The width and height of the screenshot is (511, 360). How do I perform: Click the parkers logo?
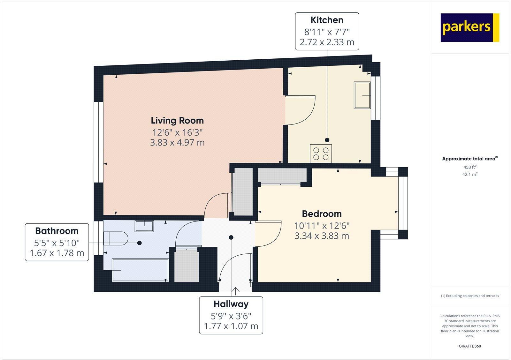coord(469,27)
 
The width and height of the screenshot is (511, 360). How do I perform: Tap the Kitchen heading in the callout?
coord(327,20)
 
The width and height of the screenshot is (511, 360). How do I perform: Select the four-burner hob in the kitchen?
coord(321,154)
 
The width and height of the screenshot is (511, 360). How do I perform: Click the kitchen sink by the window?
coord(362,95)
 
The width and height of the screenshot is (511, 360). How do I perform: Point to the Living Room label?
coord(177,121)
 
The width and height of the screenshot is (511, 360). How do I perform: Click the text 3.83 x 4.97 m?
coord(177,142)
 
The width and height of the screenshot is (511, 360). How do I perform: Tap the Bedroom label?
coord(322,214)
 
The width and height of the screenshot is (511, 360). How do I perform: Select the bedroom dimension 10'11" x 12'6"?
coord(322,226)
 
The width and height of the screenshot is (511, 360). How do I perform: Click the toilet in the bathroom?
coord(116,238)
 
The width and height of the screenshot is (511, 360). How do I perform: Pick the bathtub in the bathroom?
coord(140,270)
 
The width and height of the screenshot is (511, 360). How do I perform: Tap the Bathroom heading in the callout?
coord(57,231)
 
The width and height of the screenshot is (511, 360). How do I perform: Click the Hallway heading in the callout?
coord(231,304)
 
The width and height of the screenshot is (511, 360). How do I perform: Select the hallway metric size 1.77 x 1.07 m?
coord(231,326)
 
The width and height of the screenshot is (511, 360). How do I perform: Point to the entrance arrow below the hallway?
coord(236,290)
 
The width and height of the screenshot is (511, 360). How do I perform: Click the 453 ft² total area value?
coord(470,167)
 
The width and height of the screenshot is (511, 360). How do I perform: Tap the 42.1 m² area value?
coord(470,174)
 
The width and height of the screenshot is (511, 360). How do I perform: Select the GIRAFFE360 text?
coord(470,346)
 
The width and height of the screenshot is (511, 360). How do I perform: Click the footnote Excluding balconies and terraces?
coord(470,296)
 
